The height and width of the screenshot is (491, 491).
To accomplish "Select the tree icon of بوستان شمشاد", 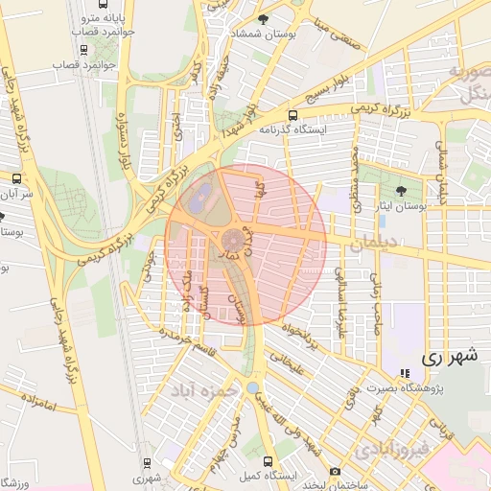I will click(x=277, y=18).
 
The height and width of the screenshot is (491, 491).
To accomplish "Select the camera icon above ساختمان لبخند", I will click(x=334, y=471).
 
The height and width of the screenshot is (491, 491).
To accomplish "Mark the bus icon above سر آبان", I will click(x=15, y=178).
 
